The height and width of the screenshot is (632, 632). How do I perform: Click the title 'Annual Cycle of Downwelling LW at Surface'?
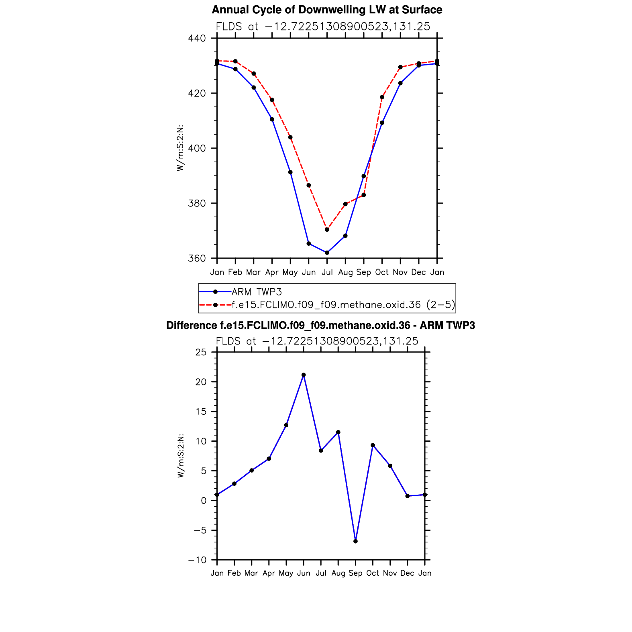(327, 10)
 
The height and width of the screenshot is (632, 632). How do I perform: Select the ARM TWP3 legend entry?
(257, 292)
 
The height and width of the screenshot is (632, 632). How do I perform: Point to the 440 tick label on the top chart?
(197, 39)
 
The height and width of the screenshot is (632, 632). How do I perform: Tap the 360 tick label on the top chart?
(197, 259)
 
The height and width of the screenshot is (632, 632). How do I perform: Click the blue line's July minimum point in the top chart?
(327, 253)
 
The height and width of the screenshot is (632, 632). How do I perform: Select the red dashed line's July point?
(327, 230)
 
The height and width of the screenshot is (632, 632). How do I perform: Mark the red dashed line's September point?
(364, 195)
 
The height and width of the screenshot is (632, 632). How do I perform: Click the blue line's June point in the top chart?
(309, 244)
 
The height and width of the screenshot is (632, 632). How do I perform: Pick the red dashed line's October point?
(382, 97)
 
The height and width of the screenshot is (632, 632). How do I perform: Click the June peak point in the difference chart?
(304, 375)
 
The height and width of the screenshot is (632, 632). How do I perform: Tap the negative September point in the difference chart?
(355, 541)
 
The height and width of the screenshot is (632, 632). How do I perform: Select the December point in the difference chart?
(408, 496)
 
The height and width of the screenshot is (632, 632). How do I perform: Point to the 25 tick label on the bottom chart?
(201, 353)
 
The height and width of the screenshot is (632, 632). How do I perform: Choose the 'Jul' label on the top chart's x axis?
(327, 273)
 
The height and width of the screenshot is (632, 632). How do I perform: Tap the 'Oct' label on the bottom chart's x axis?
(373, 573)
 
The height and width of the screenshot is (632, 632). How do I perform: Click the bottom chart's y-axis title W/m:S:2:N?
(181, 456)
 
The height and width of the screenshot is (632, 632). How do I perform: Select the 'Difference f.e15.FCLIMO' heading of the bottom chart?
(320, 326)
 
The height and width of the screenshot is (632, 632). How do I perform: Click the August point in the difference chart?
(338, 432)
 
